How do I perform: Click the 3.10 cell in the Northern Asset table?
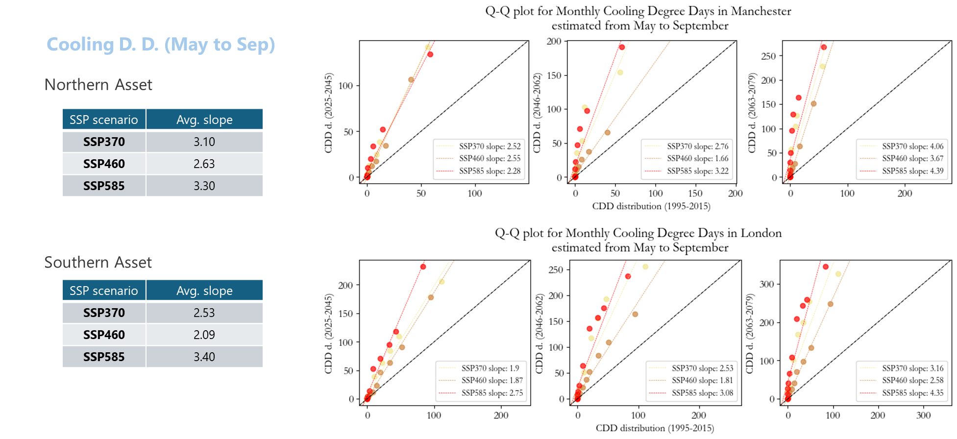204,142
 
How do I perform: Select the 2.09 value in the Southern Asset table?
204,335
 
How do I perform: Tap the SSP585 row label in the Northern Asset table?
104,186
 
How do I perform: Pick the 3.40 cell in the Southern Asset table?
204,357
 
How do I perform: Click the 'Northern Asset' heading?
98,85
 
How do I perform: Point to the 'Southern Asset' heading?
98,263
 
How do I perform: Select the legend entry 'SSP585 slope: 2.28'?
490,171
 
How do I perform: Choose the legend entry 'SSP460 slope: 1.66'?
697,158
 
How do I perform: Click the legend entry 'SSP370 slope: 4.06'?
912,146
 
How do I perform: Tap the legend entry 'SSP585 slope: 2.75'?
492,393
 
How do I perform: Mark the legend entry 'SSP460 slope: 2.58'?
912,380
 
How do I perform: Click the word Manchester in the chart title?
761,11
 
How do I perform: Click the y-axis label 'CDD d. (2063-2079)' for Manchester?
752,113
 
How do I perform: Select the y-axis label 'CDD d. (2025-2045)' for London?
329,334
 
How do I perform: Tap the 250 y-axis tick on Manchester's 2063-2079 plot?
768,56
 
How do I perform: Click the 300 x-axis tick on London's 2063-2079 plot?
923,415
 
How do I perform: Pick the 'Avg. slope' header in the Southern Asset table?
204,291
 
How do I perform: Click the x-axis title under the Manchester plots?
651,206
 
